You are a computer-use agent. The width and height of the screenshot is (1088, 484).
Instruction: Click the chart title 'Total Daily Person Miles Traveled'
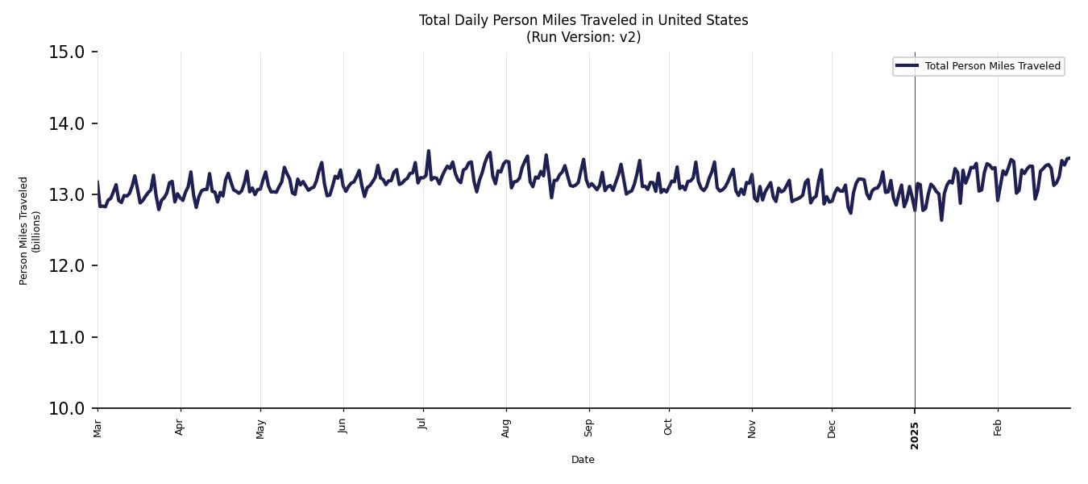pos(583,20)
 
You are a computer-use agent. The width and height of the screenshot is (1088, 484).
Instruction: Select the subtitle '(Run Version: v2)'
pos(583,37)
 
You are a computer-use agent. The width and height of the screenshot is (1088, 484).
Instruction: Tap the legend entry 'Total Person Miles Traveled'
pos(992,66)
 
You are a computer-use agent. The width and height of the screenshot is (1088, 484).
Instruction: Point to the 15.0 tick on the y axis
pos(67,52)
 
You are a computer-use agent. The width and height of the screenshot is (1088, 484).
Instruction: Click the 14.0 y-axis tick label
pos(67,123)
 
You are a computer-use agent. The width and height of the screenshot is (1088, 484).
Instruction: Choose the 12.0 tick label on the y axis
pos(67,266)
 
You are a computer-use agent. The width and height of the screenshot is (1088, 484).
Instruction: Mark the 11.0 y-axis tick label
pos(67,337)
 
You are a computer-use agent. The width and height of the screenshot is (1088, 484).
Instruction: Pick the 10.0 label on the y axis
pos(67,408)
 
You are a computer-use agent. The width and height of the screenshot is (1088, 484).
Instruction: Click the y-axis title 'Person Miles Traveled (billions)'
pos(30,230)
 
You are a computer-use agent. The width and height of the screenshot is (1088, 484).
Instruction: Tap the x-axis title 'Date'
pos(583,460)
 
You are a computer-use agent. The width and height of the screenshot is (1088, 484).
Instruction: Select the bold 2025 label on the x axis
pos(915,436)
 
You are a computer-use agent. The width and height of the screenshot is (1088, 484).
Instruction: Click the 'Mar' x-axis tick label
pos(98,428)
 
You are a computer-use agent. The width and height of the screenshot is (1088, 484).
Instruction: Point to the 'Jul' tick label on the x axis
pos(422,425)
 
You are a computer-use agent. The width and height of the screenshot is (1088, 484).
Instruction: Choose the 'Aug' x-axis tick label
pos(506,428)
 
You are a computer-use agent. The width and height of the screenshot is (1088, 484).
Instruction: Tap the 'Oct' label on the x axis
pos(668,427)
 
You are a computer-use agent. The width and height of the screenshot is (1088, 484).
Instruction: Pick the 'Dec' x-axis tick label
pos(832,428)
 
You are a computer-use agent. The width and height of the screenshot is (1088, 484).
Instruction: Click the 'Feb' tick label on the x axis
pos(998,427)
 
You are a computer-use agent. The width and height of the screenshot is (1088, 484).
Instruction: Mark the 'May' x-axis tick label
pos(260,428)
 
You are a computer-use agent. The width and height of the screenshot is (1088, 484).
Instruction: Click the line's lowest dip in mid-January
pos(941,220)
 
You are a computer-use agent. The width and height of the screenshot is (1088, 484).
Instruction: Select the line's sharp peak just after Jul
pos(429,150)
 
